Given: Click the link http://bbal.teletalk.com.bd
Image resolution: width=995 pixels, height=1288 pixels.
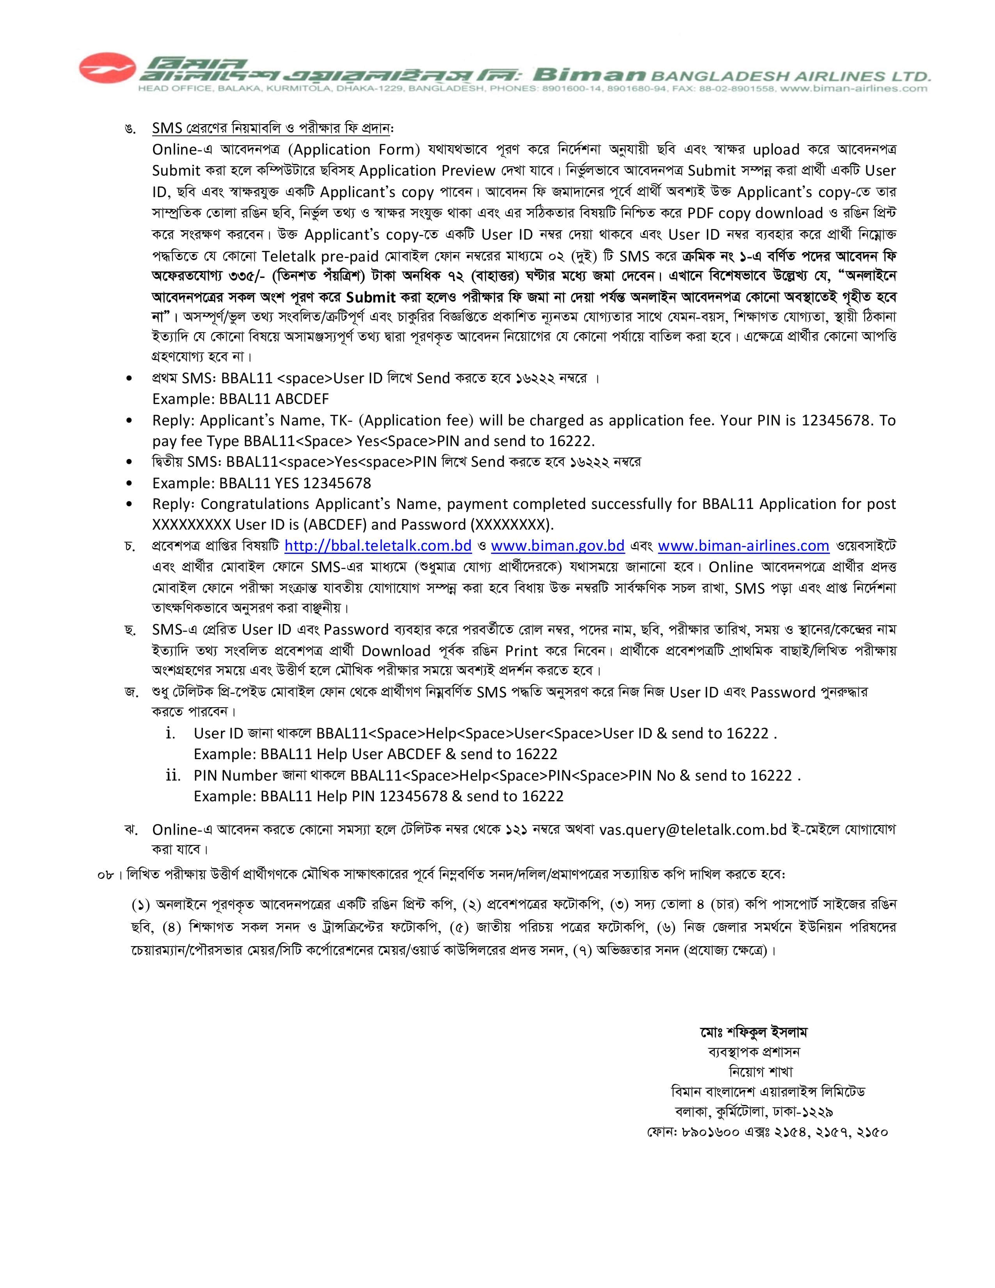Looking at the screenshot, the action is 378,546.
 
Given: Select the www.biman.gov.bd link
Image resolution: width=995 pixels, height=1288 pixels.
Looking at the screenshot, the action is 557,546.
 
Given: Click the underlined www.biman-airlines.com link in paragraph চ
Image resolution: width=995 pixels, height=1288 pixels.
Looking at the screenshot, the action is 743,546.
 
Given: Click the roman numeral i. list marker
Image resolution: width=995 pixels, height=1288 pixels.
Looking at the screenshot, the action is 171,733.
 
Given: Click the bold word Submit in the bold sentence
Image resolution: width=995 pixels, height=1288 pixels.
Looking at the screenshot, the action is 370,297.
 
